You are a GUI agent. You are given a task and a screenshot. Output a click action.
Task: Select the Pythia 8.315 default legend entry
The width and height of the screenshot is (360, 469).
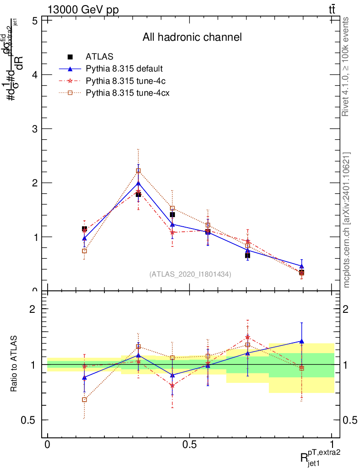(124, 69)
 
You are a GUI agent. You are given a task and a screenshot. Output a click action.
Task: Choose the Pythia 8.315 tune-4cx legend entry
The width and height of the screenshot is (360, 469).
(125, 93)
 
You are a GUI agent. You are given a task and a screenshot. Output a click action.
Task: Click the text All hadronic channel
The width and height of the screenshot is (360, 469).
(192, 37)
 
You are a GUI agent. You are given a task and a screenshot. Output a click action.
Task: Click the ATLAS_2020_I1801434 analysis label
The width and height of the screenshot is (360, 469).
(190, 274)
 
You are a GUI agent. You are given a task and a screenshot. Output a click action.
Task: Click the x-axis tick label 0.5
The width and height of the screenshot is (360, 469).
(189, 445)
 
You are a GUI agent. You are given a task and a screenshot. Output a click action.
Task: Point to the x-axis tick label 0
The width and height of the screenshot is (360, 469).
(47, 445)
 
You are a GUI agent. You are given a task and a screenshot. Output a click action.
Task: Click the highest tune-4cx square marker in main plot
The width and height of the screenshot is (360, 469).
(138, 171)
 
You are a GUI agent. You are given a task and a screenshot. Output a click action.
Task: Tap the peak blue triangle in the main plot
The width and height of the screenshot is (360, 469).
(138, 183)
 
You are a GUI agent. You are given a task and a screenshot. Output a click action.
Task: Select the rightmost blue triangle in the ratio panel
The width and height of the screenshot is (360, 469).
(301, 341)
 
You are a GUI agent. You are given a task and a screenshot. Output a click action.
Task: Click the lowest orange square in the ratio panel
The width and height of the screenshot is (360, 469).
(84, 399)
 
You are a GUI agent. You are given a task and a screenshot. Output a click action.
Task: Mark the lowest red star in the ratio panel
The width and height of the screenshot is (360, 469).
(172, 386)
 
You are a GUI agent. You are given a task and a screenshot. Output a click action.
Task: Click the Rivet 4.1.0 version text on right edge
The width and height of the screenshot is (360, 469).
(346, 67)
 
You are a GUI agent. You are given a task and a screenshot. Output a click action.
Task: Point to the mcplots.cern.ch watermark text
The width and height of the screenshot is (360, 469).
(346, 220)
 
